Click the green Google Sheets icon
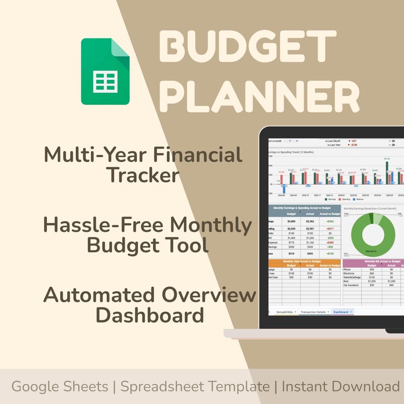coord(105,71)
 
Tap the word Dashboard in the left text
coord(150,316)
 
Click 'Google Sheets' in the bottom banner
coord(60,387)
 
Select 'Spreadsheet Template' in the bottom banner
coord(194,387)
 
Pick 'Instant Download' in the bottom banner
coord(341,387)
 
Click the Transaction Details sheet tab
coord(314,312)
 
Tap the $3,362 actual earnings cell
coord(310,221)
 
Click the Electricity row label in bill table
coord(352,273)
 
